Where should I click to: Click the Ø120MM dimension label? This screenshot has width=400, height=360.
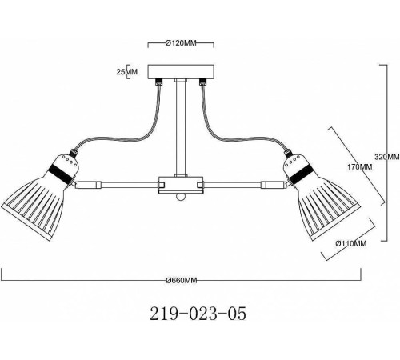tap(181, 42)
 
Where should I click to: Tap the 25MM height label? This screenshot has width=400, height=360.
tap(126, 71)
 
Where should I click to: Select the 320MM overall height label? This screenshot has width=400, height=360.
tap(387, 157)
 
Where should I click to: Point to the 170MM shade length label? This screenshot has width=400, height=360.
tap(359, 167)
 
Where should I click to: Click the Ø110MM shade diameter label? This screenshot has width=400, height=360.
tap(351, 243)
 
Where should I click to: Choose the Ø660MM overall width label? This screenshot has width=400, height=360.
tap(182, 280)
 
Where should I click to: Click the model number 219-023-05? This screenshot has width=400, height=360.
tap(198, 314)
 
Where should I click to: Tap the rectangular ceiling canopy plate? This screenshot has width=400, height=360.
tap(181, 72)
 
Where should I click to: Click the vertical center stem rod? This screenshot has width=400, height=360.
tap(181, 129)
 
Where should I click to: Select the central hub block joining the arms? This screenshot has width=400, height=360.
tap(181, 185)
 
